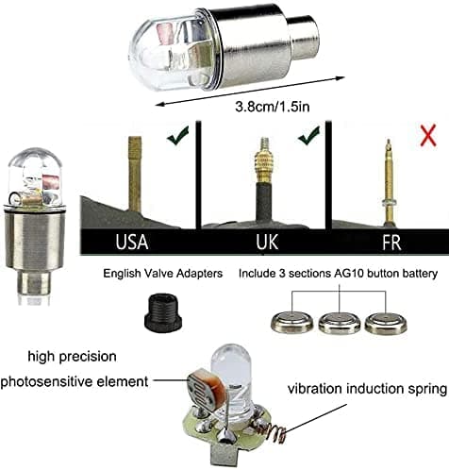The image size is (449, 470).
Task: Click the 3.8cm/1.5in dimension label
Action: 273,107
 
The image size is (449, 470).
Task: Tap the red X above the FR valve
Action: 428,135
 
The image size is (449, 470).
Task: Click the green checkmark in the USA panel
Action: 178,136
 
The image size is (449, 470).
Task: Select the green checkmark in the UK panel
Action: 309,136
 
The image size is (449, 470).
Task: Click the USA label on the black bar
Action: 132,242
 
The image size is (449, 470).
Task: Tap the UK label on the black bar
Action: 267,242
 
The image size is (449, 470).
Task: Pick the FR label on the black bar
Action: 391,243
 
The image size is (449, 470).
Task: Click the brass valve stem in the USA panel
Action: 135,174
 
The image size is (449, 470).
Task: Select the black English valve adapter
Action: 163,311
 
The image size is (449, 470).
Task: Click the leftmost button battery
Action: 292,322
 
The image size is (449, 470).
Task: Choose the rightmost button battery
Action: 386,323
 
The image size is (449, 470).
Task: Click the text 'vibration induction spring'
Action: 367,389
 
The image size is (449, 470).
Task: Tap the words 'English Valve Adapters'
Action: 163,274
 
